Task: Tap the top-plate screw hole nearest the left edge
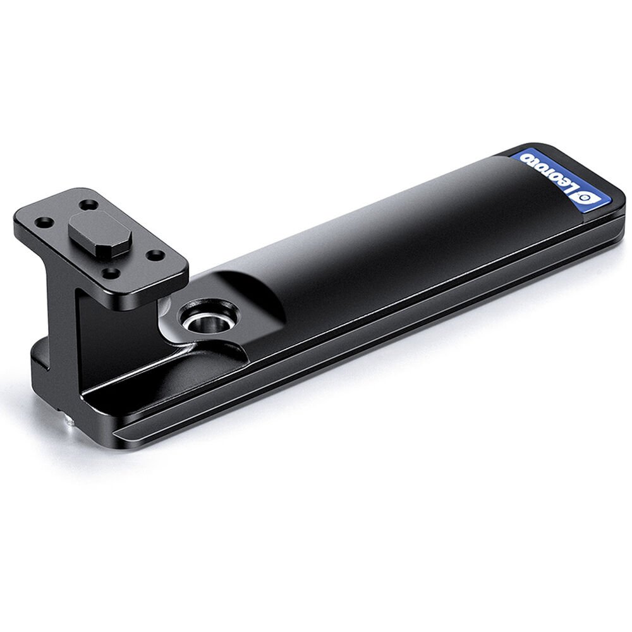tap(44, 222)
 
